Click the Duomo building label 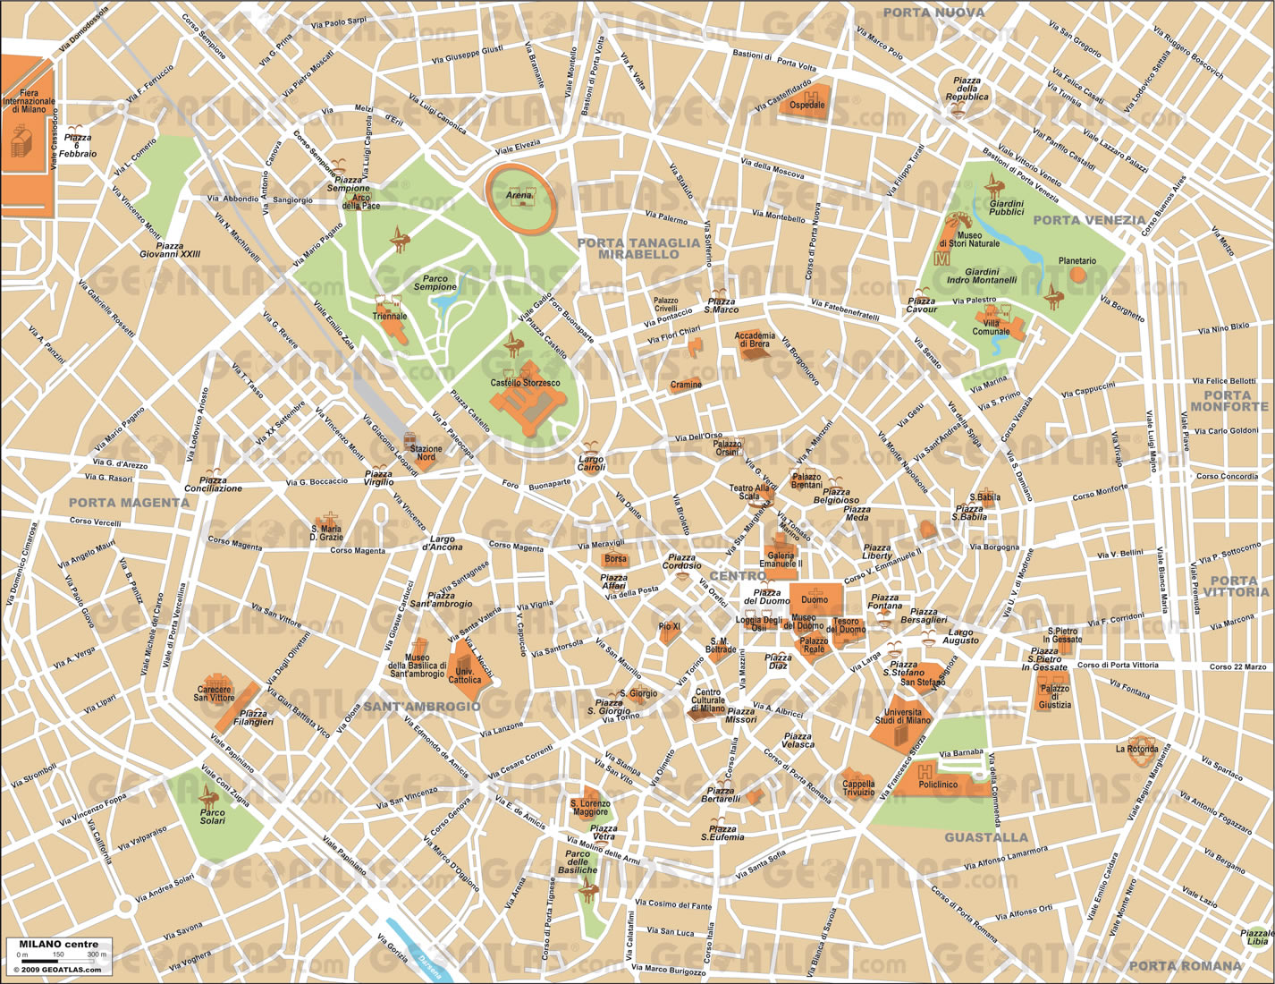pos(815,599)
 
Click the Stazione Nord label pos(427,454)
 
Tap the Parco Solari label pos(213,815)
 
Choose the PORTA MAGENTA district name pos(129,503)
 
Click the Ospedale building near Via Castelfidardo pos(807,103)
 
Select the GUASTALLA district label pos(986,837)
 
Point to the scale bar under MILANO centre pos(59,958)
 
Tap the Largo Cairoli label pos(590,463)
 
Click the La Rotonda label pos(1136,748)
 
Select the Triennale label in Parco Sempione pos(390,316)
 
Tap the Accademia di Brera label pos(756,340)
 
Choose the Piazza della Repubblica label pos(967,89)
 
